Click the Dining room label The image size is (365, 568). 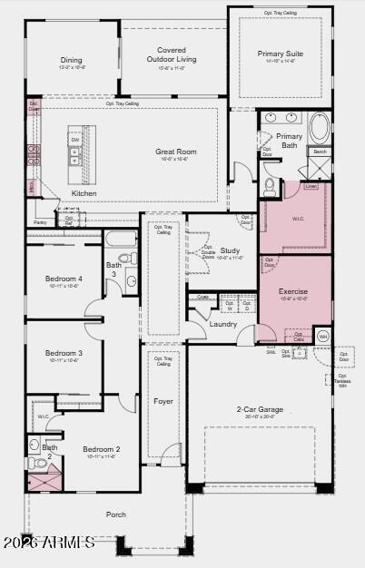click(x=71, y=60)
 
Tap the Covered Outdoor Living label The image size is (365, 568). click(x=172, y=55)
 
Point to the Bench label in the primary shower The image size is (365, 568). click(x=320, y=152)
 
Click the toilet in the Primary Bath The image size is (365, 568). click(x=271, y=185)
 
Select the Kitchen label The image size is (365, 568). click(x=84, y=193)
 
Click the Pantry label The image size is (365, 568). click(x=40, y=221)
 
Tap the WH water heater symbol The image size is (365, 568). click(x=322, y=337)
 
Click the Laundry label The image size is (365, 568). click(x=222, y=323)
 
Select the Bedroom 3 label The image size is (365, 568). click(x=64, y=353)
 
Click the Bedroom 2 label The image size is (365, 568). click(x=102, y=449)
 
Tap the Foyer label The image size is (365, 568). click(x=163, y=400)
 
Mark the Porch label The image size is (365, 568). click(x=115, y=514)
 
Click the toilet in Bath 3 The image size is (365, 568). click(x=125, y=259)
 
